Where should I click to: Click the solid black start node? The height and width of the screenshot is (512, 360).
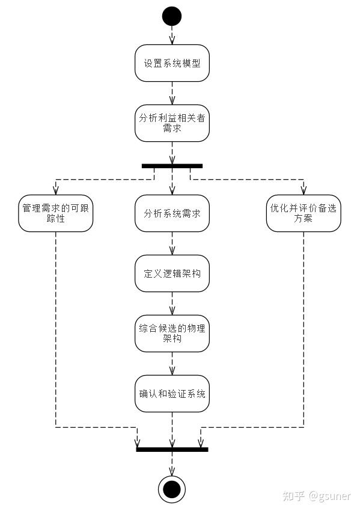pos(172,16)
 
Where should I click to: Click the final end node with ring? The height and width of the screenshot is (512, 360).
pos(172,489)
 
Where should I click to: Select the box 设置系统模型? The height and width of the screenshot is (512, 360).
pos(172,63)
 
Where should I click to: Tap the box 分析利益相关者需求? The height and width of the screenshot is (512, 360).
pos(172,123)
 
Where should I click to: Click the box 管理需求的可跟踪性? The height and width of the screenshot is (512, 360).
pos(56,213)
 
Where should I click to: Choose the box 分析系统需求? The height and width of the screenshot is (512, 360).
pos(172,213)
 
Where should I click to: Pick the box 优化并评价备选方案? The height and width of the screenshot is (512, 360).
pos(304,213)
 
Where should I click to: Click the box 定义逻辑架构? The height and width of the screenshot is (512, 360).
pos(172,273)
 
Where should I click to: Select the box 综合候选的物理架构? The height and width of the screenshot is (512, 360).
pos(172,334)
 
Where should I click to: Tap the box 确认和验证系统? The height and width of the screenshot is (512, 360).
pos(172,394)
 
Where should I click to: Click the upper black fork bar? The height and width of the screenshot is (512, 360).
pos(172,165)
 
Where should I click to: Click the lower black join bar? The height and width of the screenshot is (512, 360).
pos(172,449)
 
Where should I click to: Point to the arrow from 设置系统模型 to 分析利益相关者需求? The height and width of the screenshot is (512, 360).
pos(172,93)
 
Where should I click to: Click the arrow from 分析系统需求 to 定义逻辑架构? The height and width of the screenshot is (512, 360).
pos(172,243)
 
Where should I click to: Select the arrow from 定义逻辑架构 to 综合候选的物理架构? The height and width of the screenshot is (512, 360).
pos(172,303)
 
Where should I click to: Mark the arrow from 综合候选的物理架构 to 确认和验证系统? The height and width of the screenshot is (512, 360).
pos(172,364)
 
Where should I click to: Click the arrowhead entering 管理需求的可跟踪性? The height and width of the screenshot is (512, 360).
pos(56,191)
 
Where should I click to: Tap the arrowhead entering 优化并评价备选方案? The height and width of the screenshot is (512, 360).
pos(304,191)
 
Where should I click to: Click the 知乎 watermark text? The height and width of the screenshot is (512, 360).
pos(294,496)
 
